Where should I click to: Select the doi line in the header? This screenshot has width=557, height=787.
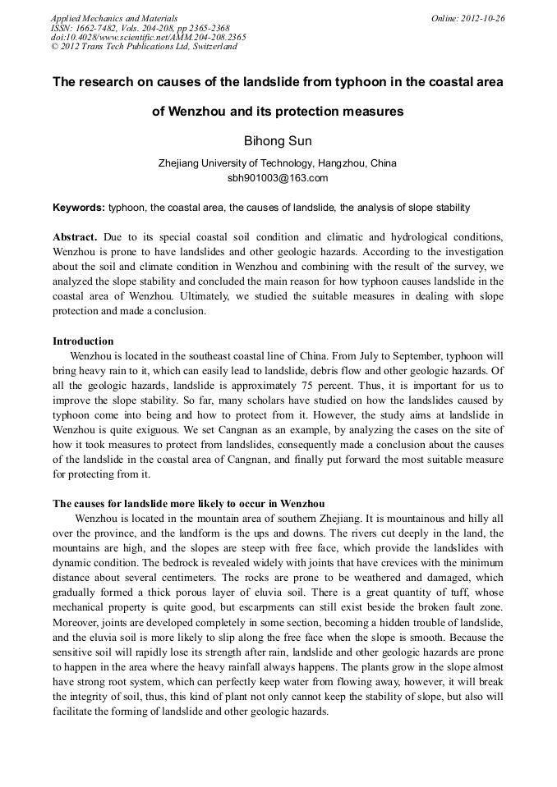[x=148, y=37]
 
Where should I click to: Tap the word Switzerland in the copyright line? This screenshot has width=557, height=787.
[x=210, y=47]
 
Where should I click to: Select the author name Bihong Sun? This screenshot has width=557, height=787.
[x=278, y=141]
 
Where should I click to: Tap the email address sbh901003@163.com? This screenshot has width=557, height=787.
[x=278, y=177]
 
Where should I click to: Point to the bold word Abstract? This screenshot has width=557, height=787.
[x=76, y=236]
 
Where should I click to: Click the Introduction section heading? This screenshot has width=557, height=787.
[x=83, y=341]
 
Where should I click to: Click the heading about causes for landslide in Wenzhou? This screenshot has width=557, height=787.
[x=188, y=503]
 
